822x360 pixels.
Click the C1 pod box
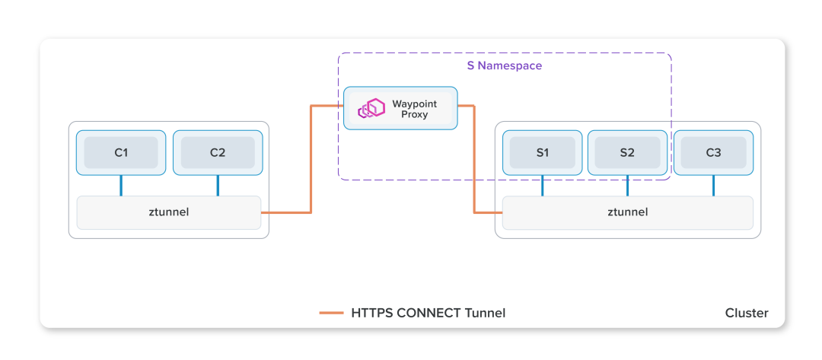click(x=121, y=152)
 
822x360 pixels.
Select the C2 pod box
click(x=217, y=152)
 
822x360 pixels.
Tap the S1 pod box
click(x=542, y=152)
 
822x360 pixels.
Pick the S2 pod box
click(x=627, y=152)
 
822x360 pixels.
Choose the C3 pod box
click(x=713, y=152)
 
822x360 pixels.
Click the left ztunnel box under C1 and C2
click(x=168, y=212)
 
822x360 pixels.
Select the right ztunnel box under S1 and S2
click(x=627, y=212)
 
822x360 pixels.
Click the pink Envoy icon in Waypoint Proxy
click(x=372, y=109)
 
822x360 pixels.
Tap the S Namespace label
click(x=504, y=66)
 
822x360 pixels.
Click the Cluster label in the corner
click(x=746, y=313)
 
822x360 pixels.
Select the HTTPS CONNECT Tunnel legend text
click(x=428, y=313)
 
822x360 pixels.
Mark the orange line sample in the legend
click(x=331, y=313)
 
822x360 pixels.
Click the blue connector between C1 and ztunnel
click(x=121, y=185)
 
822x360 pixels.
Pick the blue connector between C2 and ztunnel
click(x=217, y=185)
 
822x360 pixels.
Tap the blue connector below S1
click(x=542, y=185)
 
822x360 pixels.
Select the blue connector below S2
click(x=627, y=185)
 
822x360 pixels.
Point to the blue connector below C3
click(x=713, y=185)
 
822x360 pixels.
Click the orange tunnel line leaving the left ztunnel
click(x=285, y=212)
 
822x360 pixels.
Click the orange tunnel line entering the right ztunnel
click(x=487, y=212)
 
